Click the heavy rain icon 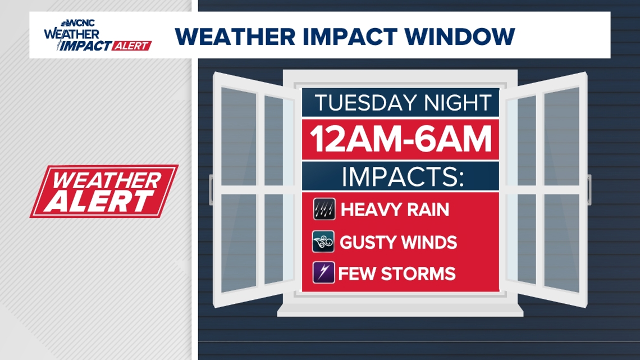pyautogui.click(x=324, y=209)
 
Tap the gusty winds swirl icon pyautogui.click(x=323, y=241)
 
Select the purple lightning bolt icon pyautogui.click(x=324, y=272)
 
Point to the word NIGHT pyautogui.click(x=457, y=102)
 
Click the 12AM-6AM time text pyautogui.click(x=401, y=139)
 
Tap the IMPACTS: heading pyautogui.click(x=403, y=176)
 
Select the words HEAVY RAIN pyautogui.click(x=395, y=209)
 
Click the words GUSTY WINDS pyautogui.click(x=399, y=242)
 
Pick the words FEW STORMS pyautogui.click(x=397, y=274)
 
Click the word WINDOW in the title pyautogui.click(x=460, y=37)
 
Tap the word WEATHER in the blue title pyautogui.click(x=235, y=37)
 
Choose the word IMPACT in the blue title pyautogui.click(x=350, y=37)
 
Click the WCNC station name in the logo pyautogui.click(x=81, y=23)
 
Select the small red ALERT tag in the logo pyautogui.click(x=131, y=45)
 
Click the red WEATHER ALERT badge pyautogui.click(x=104, y=191)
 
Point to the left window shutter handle pyautogui.click(x=211, y=189)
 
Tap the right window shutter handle pyautogui.click(x=589, y=189)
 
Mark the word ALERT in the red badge pyautogui.click(x=99, y=202)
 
